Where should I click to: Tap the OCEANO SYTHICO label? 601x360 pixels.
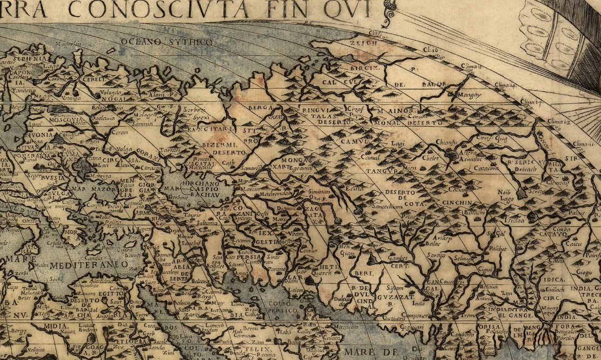(166, 42)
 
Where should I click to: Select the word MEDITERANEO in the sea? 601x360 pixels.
(89, 265)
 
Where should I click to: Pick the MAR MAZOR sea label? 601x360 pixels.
(93, 190)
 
